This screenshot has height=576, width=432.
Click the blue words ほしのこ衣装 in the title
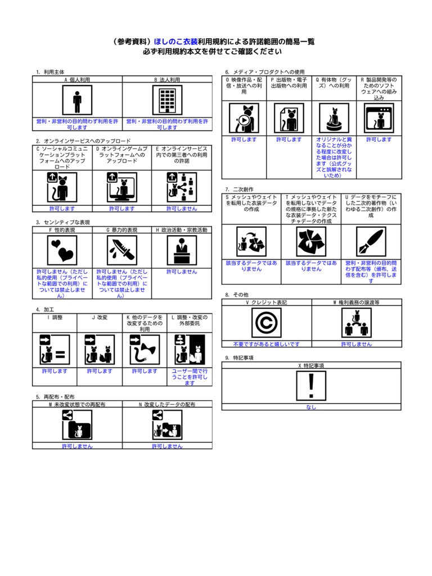(175, 42)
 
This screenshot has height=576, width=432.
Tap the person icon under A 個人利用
(77, 100)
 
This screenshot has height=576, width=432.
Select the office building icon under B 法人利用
(167, 100)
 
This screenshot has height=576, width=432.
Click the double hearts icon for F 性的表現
(62, 250)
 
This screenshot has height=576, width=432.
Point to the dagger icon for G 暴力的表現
(122, 250)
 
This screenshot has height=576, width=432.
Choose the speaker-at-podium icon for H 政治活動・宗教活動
(182, 250)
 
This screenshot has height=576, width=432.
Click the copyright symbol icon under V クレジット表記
(266, 322)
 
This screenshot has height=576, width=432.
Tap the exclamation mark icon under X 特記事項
(311, 386)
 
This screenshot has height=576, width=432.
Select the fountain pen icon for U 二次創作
(371, 241)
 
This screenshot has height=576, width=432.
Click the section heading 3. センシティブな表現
(63, 222)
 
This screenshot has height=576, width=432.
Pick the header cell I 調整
(55, 317)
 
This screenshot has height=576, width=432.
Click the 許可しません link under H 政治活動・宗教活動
(182, 272)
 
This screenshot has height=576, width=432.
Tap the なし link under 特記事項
(311, 407)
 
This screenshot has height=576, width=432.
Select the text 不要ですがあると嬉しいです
(266, 344)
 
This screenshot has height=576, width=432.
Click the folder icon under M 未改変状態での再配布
(77, 425)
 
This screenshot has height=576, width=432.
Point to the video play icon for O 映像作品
(244, 118)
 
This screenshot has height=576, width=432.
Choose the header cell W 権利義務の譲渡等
(356, 302)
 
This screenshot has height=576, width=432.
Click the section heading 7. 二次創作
(239, 190)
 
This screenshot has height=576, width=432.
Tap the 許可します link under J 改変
(100, 371)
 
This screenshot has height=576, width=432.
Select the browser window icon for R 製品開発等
(379, 118)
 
